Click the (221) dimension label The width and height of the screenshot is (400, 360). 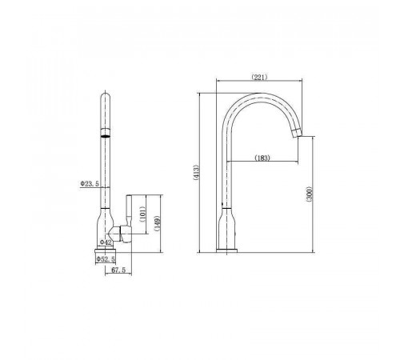click(x=259, y=78)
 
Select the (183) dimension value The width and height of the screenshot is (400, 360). click(x=262, y=158)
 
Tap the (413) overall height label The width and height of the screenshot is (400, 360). click(x=196, y=173)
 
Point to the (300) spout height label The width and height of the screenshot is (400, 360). click(x=310, y=194)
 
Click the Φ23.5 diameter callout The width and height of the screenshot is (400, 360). click(x=90, y=183)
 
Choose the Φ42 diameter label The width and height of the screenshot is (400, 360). click(x=106, y=242)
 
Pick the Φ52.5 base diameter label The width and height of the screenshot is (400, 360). click(x=106, y=258)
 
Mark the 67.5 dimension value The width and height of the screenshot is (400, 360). click(x=118, y=270)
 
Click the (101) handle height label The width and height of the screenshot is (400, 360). click(x=142, y=214)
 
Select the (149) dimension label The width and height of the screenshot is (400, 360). click(x=158, y=223)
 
